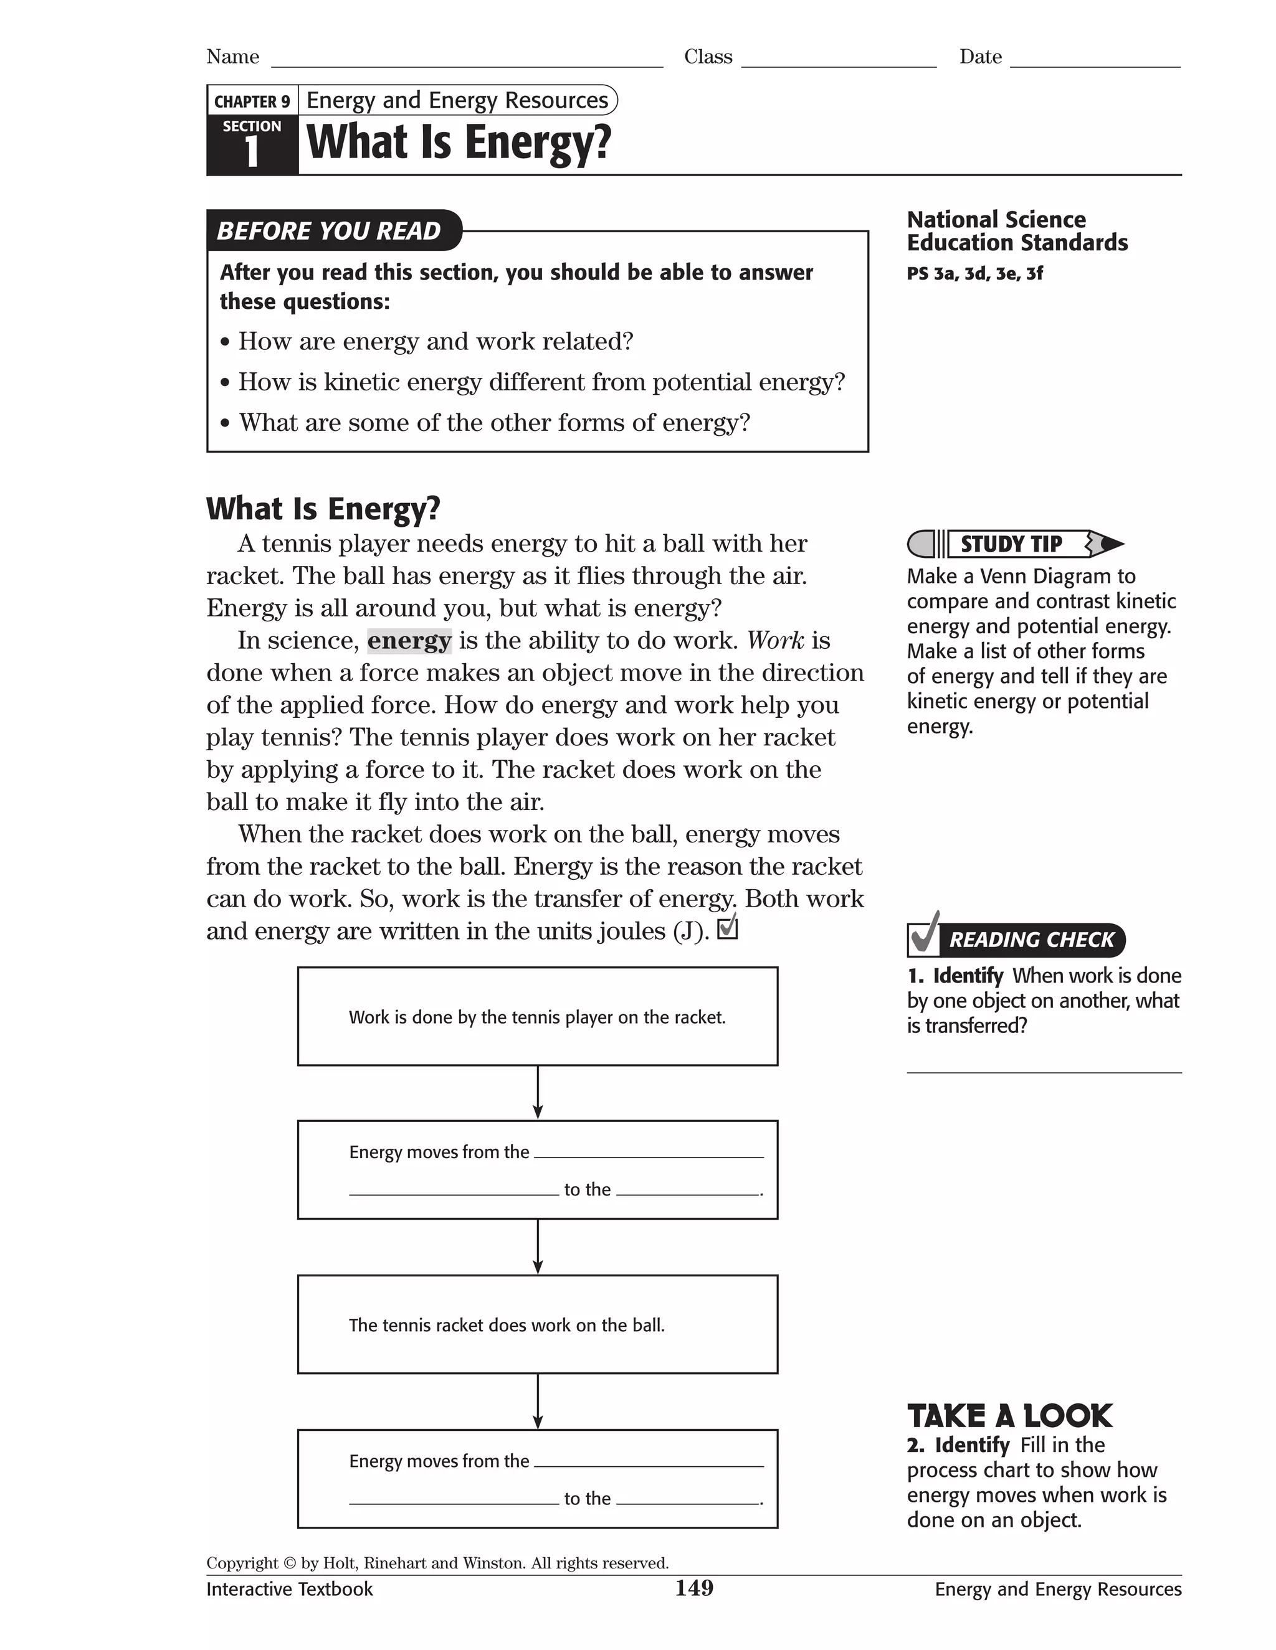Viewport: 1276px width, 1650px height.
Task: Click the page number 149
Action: pos(694,1588)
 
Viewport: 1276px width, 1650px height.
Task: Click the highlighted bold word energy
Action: pos(409,641)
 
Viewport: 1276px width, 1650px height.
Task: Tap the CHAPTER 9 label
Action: pos(252,101)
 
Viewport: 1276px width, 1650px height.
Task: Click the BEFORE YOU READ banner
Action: pos(329,230)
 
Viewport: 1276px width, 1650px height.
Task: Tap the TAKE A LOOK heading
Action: pos(1009,1416)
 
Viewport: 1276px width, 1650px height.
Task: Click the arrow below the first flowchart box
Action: pos(538,1093)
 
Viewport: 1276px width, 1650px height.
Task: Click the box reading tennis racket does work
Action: pos(538,1324)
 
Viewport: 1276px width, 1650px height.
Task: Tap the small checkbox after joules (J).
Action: pos(726,928)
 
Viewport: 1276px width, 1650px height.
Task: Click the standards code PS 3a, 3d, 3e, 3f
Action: pos(974,273)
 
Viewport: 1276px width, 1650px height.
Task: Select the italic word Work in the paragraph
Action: pos(776,641)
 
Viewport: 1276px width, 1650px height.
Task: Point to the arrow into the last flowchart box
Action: pos(538,1402)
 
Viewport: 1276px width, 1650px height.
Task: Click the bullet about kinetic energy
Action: pos(541,382)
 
